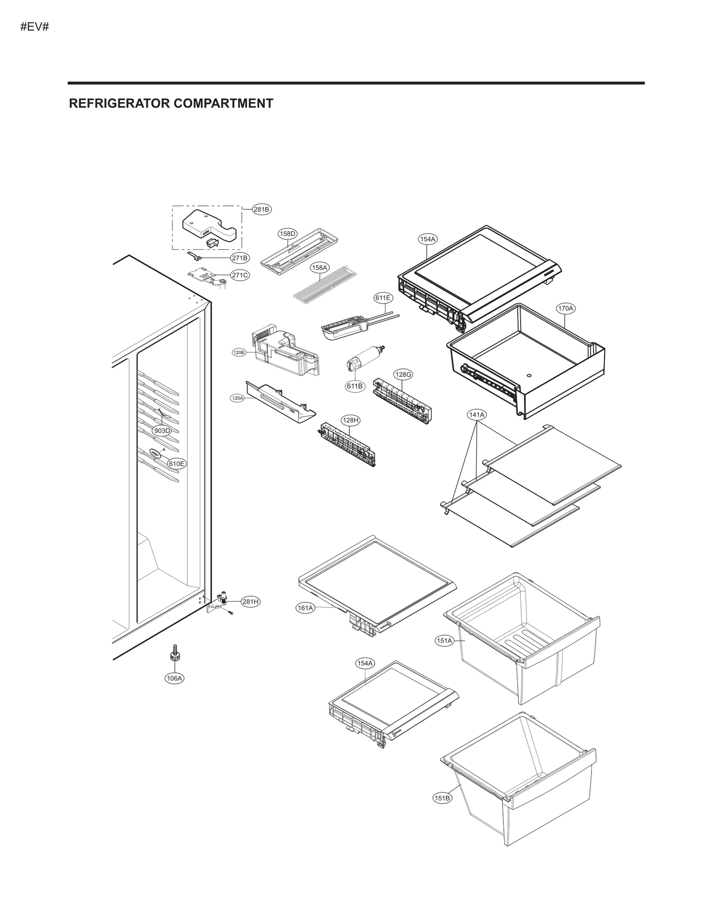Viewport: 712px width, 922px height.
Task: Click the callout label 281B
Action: pyautogui.click(x=262, y=209)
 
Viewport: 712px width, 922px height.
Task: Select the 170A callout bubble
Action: pyautogui.click(x=566, y=308)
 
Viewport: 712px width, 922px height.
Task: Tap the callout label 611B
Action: pyautogui.click(x=355, y=386)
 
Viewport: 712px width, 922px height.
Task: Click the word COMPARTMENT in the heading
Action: pyautogui.click(x=223, y=104)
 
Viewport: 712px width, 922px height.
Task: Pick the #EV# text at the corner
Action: pyautogui.click(x=34, y=27)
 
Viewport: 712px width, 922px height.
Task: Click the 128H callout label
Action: pyautogui.click(x=350, y=420)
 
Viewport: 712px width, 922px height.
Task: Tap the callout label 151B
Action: pyautogui.click(x=442, y=798)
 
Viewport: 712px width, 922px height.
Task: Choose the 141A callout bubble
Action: pyautogui.click(x=477, y=414)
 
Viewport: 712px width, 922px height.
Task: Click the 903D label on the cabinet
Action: pyautogui.click(x=162, y=431)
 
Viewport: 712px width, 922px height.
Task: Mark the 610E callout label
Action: pyautogui.click(x=177, y=463)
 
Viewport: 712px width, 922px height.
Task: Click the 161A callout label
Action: pyautogui.click(x=306, y=608)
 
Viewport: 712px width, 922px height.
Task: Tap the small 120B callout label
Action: pyautogui.click(x=239, y=353)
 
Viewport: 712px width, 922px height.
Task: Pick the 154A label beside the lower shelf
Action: pyautogui.click(x=365, y=676)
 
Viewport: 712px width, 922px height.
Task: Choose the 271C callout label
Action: pyautogui.click(x=240, y=275)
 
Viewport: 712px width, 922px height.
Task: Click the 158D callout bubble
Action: pyautogui.click(x=287, y=233)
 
